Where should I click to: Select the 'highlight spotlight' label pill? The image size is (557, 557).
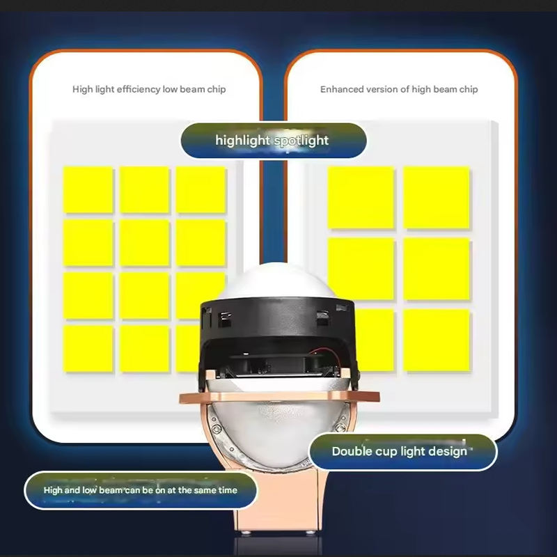(274, 141)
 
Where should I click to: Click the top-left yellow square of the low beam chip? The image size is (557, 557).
(88, 189)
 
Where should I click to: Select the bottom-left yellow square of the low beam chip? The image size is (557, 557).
(88, 349)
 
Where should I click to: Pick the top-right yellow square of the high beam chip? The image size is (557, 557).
(437, 198)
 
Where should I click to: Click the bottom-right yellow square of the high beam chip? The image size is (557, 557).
(437, 340)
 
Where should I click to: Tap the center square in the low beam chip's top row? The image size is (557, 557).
(144, 189)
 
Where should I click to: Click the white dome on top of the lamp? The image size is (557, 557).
(276, 281)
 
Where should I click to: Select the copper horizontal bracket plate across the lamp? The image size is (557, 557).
(280, 397)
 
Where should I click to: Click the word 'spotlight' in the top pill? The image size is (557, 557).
(301, 141)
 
